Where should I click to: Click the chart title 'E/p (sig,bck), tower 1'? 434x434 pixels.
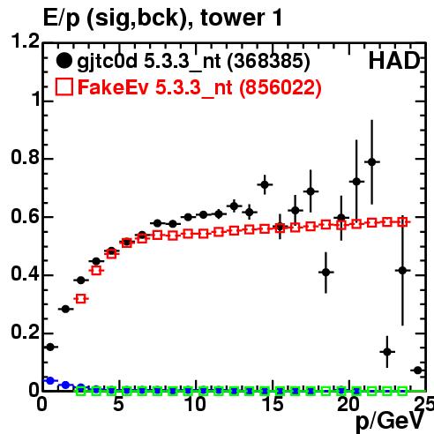pos(162,19)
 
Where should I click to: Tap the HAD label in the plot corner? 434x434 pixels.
pos(394,61)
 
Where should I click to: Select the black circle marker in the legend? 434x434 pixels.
pos(64,61)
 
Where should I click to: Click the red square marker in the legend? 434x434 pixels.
pos(64,87)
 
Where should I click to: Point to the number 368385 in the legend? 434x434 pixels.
pos(269,62)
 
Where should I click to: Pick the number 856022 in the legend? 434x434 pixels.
pos(281,87)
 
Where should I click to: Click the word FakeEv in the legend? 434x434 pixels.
pos(113,87)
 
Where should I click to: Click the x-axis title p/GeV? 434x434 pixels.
pos(390,421)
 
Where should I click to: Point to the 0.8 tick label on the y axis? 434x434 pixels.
pos(26,157)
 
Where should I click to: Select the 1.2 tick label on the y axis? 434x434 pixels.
pos(26,41)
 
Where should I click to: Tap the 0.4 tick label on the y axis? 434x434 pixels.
pos(26,273)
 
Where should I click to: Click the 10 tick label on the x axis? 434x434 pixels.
pos(195,404)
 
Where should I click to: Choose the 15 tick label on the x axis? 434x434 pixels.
pos(273,404)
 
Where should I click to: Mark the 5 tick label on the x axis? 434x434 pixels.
pos(118,404)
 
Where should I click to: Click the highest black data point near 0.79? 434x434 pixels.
pos(372,161)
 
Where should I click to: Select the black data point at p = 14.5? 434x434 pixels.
pos(265,184)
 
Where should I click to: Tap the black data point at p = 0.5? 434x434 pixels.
pos(50,347)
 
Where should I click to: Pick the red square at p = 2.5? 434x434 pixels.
pos(81,299)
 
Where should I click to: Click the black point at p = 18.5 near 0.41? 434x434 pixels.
pos(325,273)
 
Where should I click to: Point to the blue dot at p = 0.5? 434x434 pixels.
pos(50,380)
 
